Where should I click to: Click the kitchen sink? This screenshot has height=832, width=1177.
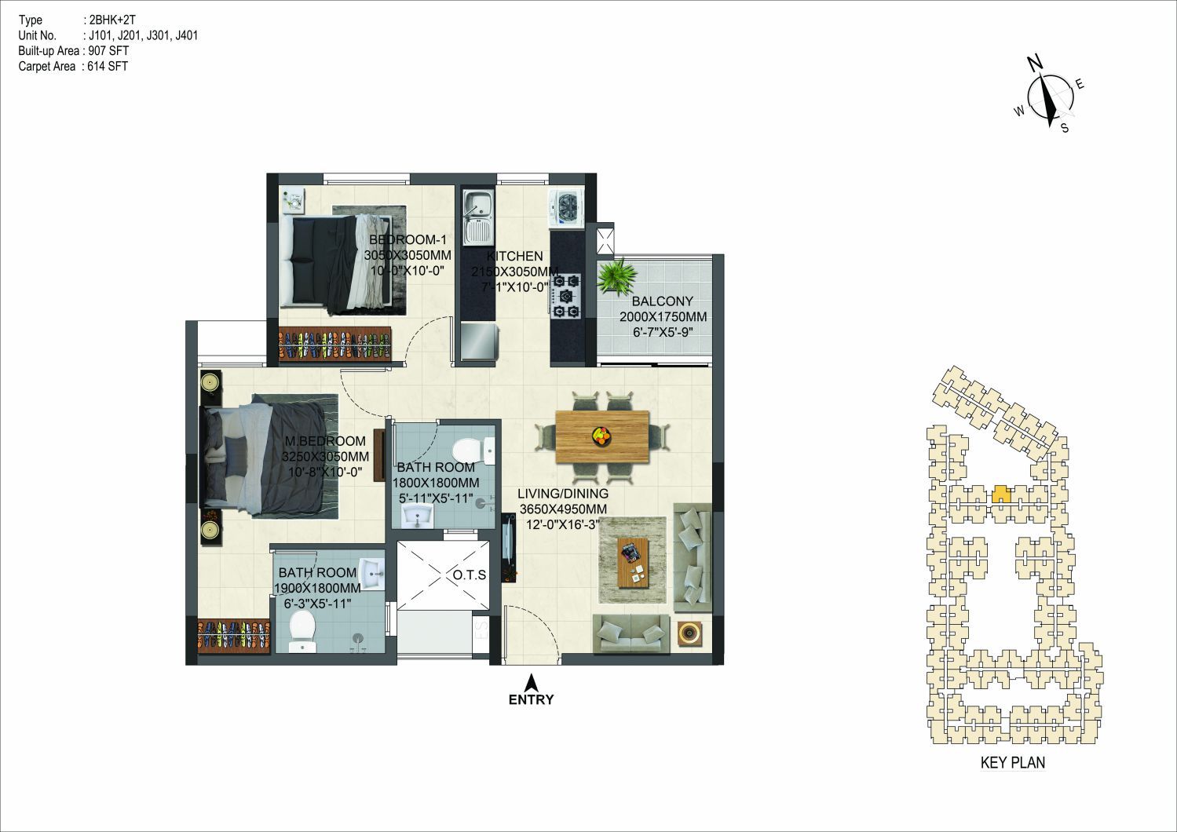coord(477,217)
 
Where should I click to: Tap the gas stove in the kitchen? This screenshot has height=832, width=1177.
coord(566,296)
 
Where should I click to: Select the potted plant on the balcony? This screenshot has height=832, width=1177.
coord(618,276)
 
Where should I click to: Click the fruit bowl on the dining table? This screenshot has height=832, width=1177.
coord(601,436)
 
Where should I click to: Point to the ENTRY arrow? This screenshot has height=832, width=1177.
coord(532,683)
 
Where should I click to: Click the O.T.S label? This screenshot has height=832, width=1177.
coord(470,575)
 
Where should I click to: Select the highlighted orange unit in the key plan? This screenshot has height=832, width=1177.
coord(1001,494)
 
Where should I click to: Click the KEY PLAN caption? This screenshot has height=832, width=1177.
coord(1013,762)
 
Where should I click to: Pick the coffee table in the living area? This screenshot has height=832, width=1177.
coord(633,563)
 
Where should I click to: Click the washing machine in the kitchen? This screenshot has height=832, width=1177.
coord(566,209)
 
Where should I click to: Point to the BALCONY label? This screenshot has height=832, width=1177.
coord(662,301)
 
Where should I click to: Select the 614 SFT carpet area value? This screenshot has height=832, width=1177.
coord(108,66)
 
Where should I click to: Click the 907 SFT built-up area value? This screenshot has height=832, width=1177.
coord(109,51)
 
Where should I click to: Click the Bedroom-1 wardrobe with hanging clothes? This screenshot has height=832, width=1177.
coord(334,344)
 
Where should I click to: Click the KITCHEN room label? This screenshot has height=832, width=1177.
coord(514,257)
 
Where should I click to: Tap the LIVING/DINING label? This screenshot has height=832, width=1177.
coord(563,494)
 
